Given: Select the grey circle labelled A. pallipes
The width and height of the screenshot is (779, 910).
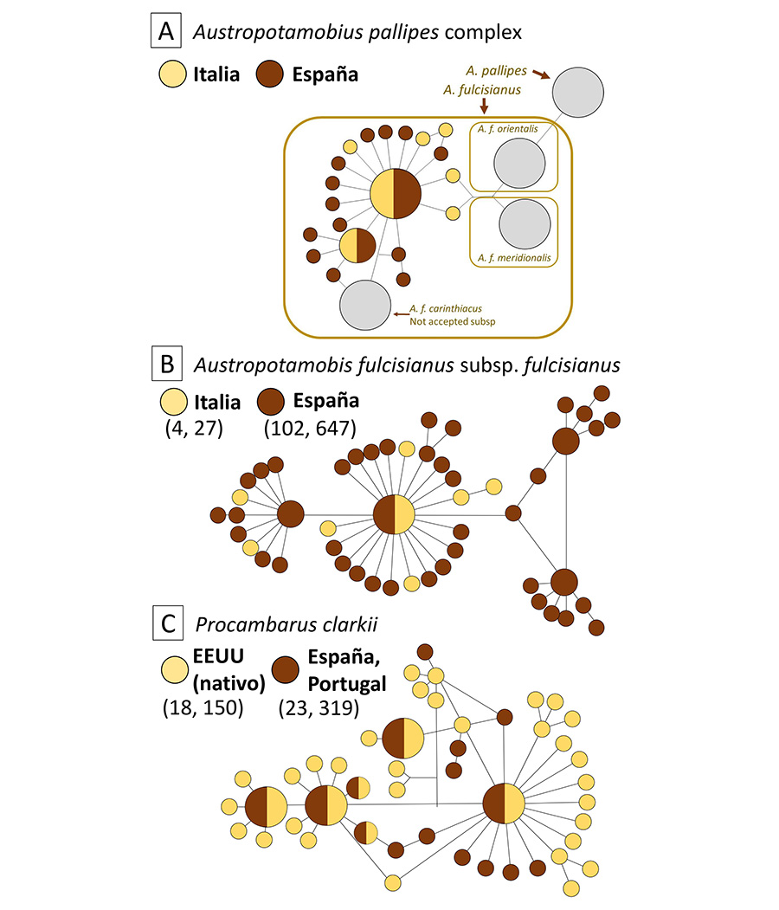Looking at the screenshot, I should (x=578, y=91).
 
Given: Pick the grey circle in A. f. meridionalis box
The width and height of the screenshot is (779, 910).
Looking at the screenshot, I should (x=525, y=223).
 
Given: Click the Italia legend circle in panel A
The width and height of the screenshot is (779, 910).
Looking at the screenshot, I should (x=174, y=74).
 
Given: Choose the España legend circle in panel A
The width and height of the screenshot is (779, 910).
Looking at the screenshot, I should (x=274, y=74).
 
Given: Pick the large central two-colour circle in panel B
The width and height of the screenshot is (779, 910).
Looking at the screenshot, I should (x=395, y=515).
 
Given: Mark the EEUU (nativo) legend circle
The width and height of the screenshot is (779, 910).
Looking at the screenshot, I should (x=176, y=668).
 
